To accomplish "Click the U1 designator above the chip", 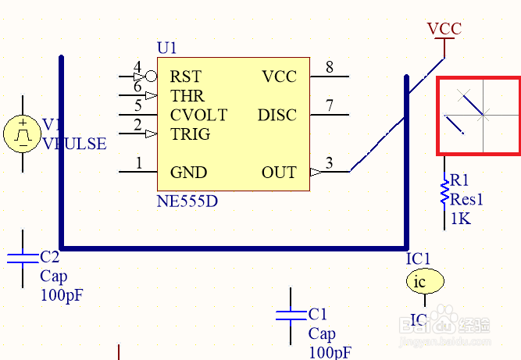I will point(167,48).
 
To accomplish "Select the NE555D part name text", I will point(187,201).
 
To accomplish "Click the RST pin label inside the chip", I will point(185,77).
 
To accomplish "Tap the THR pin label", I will point(187,96).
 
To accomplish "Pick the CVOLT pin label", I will point(198,115).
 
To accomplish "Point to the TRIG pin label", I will point(190,134).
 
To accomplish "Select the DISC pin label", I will point(277,115).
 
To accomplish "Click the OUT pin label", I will point(279,172).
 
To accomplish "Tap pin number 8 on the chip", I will point(330,67).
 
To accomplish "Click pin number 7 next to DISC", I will point(330,105).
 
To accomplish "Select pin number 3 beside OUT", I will point(329,162).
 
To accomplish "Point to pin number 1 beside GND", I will point(139,162).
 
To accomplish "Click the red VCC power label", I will point(444,29).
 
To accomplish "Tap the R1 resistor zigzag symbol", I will point(444,192).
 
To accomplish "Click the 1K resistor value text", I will point(461,219).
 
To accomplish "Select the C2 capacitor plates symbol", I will point(23,258).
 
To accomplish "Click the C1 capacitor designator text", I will point(317,314).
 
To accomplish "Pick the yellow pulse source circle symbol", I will point(23,134).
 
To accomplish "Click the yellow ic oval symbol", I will point(424,282).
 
